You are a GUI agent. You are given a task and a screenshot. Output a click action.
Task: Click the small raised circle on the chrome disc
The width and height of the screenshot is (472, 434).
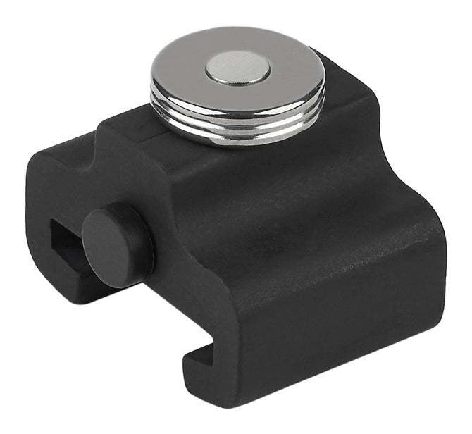pos(237,69)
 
